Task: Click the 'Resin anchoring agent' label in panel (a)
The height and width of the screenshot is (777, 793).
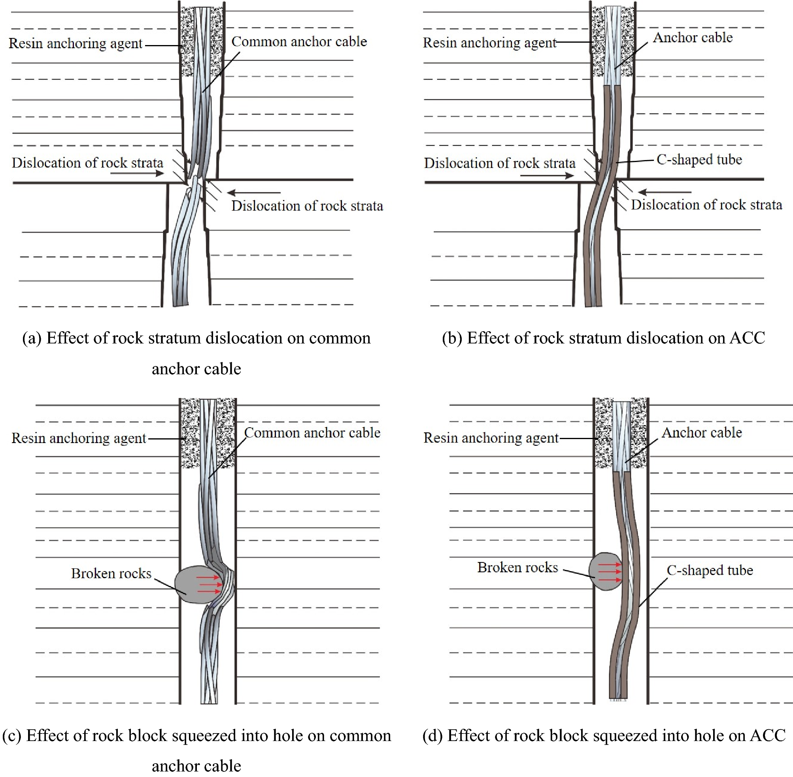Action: tap(76, 43)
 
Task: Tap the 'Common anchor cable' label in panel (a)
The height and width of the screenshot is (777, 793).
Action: tap(299, 41)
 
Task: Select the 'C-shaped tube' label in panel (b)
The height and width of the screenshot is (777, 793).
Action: tap(699, 160)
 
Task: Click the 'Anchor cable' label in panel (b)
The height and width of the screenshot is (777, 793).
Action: tap(693, 38)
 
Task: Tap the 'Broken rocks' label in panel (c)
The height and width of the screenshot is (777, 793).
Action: tap(111, 573)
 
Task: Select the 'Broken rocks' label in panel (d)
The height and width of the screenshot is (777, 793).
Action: tap(517, 567)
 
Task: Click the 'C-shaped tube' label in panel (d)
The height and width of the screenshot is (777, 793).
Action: tap(710, 570)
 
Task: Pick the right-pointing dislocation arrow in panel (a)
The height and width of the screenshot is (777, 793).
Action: tap(137, 174)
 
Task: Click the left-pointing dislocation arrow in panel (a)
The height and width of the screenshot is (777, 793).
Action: tap(253, 192)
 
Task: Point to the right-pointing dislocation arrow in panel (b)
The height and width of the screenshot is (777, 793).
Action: tap(547, 175)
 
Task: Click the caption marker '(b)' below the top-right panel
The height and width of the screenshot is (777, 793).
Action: tap(452, 338)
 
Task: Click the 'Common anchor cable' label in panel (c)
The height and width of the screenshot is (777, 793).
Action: tap(312, 433)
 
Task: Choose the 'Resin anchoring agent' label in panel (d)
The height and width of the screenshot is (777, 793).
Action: tap(491, 438)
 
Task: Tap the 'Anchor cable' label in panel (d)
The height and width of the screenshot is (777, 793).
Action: tap(702, 433)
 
